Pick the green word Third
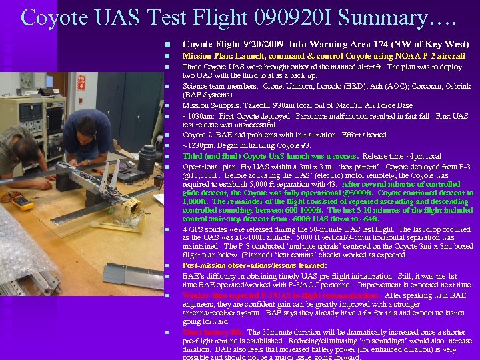[193, 155]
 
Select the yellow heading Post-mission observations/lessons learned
[254, 265]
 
